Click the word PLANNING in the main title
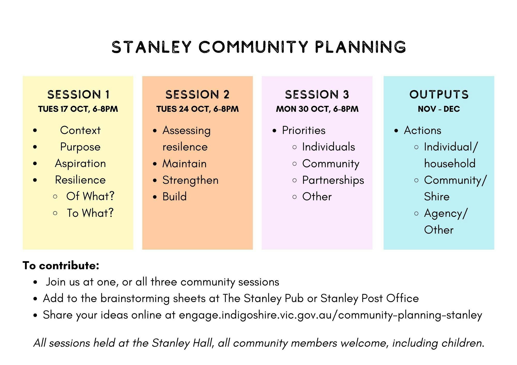(x=360, y=47)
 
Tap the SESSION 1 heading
(x=79, y=94)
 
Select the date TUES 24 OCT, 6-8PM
(x=197, y=109)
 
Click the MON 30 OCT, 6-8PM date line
(x=317, y=109)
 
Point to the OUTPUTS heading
(x=439, y=94)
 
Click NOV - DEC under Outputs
(x=439, y=109)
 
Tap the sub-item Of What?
(x=90, y=196)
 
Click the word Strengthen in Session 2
(x=191, y=180)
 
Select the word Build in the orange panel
(x=174, y=197)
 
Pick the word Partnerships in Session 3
(x=333, y=180)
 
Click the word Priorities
(x=304, y=130)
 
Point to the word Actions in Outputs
(x=423, y=130)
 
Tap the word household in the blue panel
(x=450, y=164)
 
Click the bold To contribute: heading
(x=61, y=266)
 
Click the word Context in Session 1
(x=80, y=130)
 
